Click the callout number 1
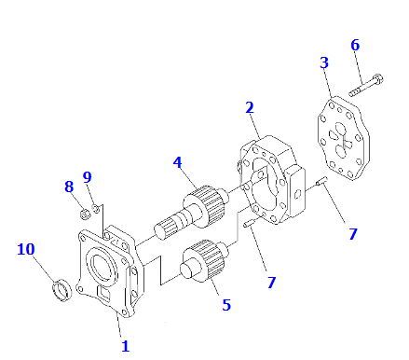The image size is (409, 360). (125, 346)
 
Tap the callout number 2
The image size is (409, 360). (250, 107)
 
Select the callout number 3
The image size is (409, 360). (324, 62)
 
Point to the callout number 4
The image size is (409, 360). (177, 162)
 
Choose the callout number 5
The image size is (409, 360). (226, 305)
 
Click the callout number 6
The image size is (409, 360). (355, 45)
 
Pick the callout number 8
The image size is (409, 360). (69, 187)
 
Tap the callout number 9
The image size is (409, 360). (88, 177)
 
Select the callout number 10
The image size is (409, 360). (26, 249)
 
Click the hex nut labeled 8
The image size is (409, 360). (85, 214)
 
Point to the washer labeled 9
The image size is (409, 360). (96, 208)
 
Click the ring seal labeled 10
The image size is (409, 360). (61, 290)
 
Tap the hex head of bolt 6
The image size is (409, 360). (377, 78)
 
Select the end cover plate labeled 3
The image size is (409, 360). (343, 138)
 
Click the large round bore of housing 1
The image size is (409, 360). (102, 267)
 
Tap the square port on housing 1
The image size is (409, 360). (104, 294)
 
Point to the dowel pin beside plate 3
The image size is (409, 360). (321, 181)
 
